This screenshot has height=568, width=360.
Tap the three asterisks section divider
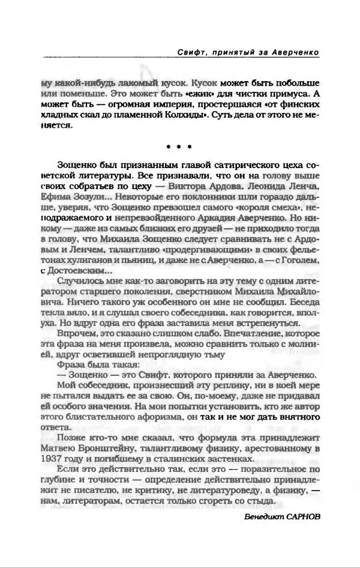click(180, 146)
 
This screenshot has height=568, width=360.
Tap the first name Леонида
click(248, 186)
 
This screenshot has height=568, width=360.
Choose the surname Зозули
click(90, 196)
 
